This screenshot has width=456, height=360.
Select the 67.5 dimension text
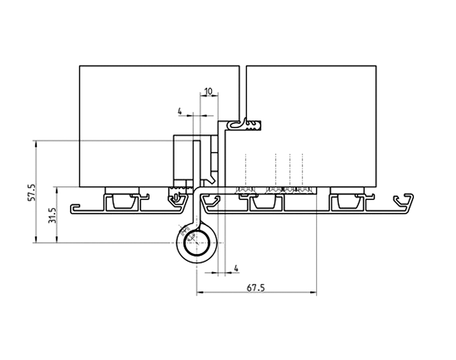256,287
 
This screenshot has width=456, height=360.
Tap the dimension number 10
208,91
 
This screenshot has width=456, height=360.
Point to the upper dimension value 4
180,111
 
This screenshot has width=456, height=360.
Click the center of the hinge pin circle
196,243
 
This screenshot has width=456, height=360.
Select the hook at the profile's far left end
76,208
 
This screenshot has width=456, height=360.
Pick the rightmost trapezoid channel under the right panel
347,202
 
